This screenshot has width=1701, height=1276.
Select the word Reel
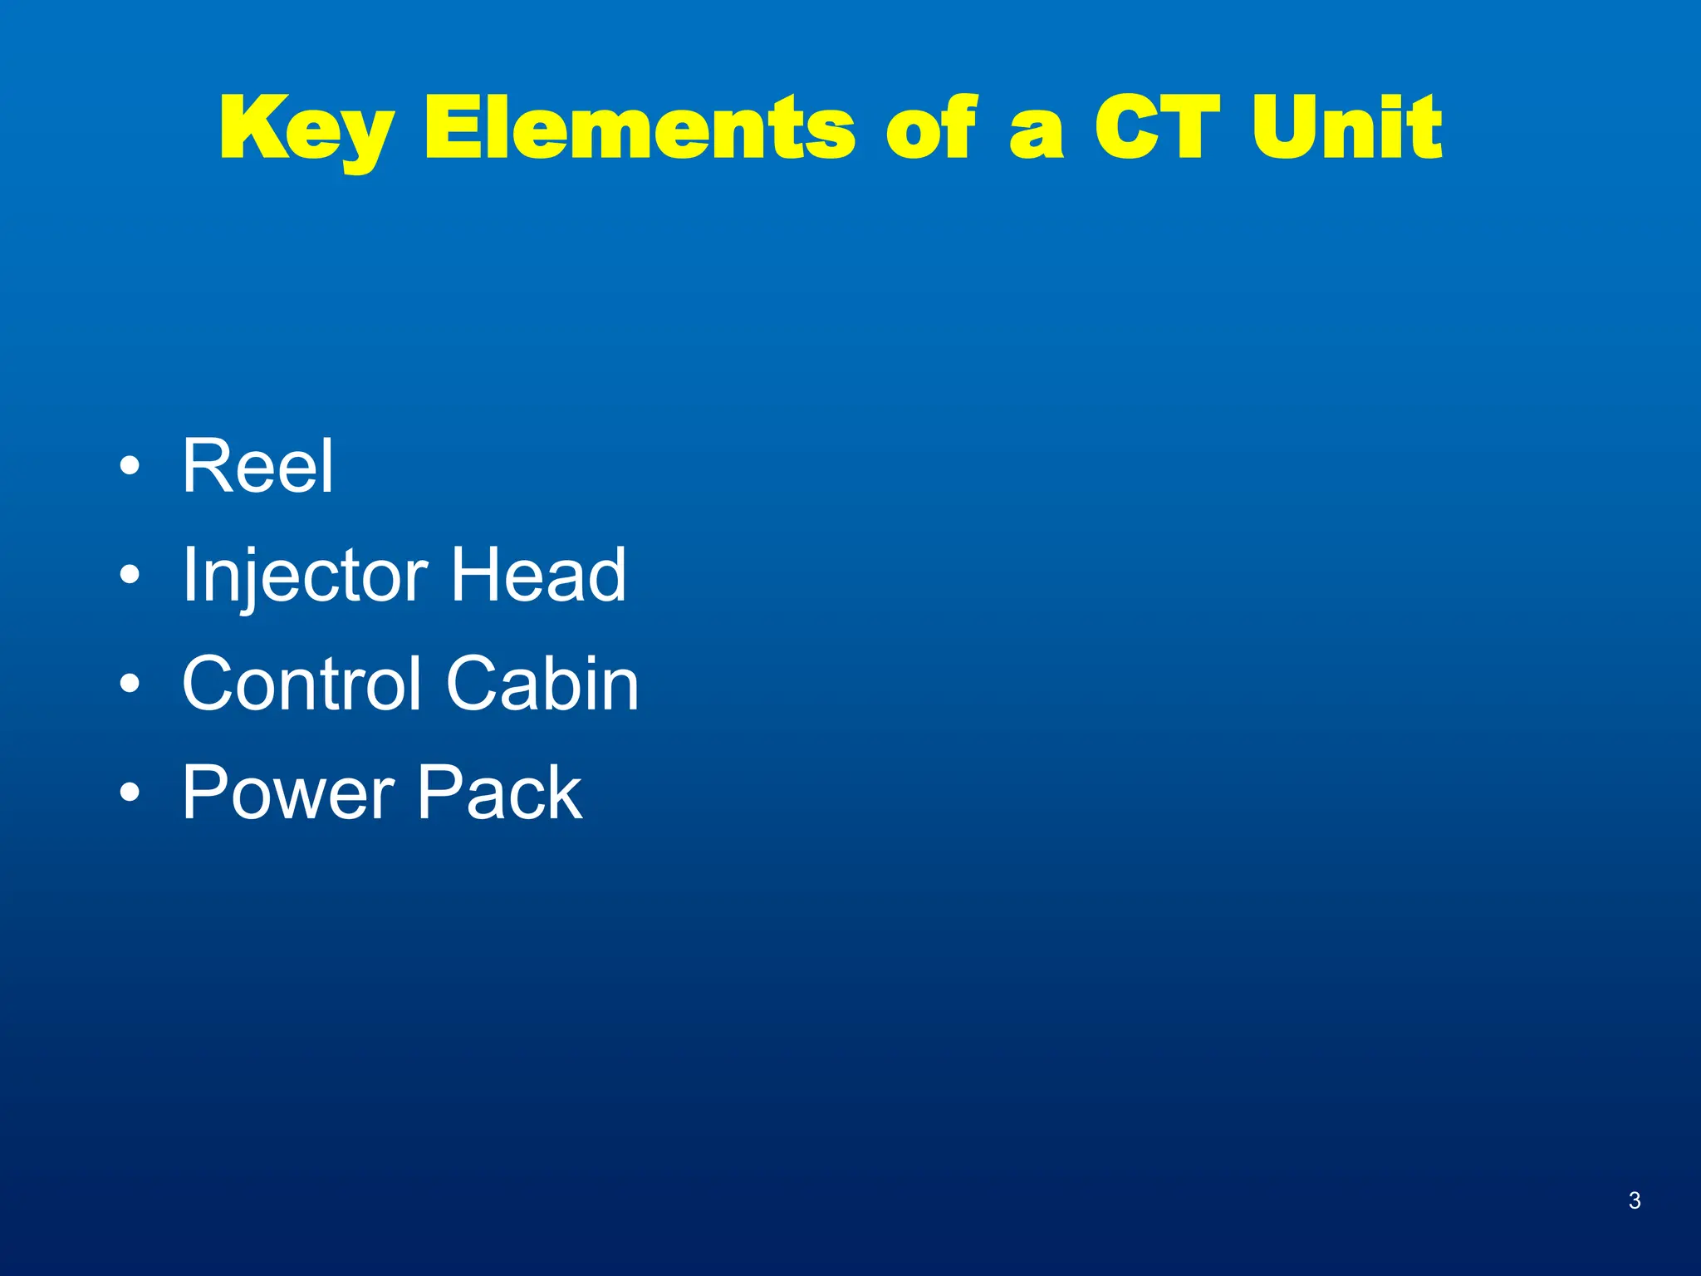pyautogui.click(x=257, y=466)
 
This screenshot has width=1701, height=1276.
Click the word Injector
pyautogui.click(x=305, y=576)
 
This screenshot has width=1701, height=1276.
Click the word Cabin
pyautogui.click(x=542, y=684)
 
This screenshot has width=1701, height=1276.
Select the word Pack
pyautogui.click(x=499, y=793)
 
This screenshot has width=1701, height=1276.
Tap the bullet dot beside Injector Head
pyautogui.click(x=130, y=574)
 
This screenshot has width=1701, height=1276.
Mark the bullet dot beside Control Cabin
pyautogui.click(x=130, y=684)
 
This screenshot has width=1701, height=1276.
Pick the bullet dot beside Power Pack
pyautogui.click(x=130, y=793)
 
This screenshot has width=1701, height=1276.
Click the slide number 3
pyautogui.click(x=1634, y=1200)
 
